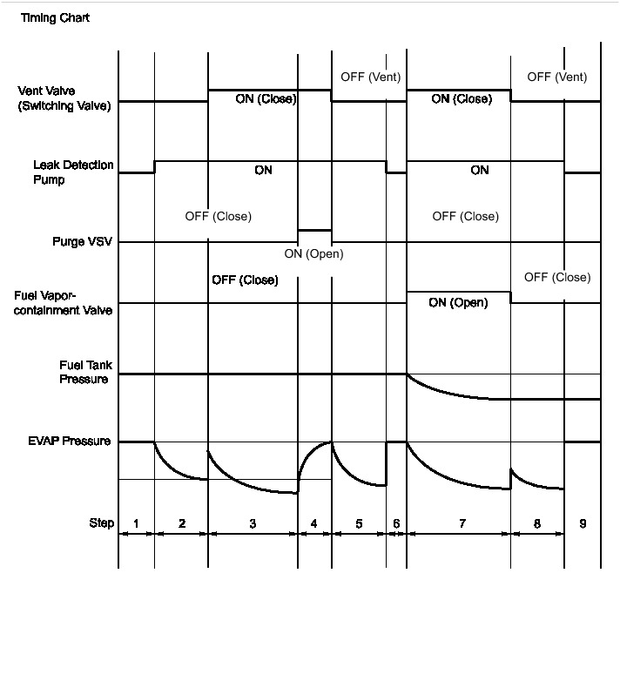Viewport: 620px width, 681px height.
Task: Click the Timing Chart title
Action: [x=55, y=18]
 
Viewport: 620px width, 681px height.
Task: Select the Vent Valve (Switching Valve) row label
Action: [x=64, y=99]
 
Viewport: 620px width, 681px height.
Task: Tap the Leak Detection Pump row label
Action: [x=73, y=172]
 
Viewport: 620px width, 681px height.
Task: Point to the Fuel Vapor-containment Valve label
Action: [x=64, y=303]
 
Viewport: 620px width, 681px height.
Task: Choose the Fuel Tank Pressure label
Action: [x=85, y=373]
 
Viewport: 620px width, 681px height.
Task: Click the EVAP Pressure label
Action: [x=69, y=442]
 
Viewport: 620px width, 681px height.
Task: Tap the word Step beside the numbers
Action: [x=101, y=523]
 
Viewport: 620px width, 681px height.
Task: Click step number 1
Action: [x=136, y=523]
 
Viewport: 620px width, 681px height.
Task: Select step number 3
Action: [x=253, y=523]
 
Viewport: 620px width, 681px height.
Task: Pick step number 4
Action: [x=314, y=523]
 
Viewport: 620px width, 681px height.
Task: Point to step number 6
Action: [x=396, y=523]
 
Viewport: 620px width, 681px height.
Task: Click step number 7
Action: [x=462, y=523]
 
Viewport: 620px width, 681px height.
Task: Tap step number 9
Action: [x=583, y=523]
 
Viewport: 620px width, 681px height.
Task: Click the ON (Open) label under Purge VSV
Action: [x=313, y=254]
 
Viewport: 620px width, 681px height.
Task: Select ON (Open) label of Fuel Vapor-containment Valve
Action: [x=458, y=303]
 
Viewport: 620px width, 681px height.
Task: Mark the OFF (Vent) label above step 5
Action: [x=371, y=77]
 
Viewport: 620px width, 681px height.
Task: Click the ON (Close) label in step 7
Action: [x=462, y=99]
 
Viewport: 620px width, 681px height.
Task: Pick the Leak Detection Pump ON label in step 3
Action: [x=263, y=171]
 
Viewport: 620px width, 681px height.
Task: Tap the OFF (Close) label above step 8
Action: [x=557, y=278]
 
